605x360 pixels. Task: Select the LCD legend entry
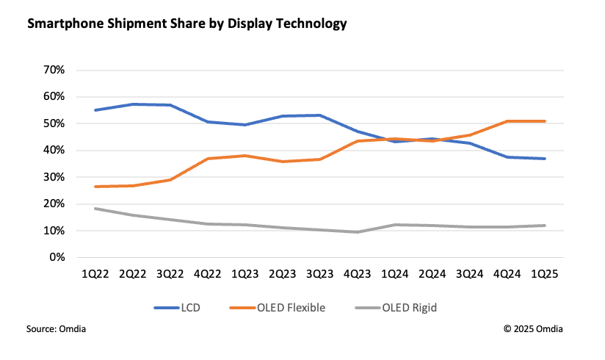point(184,308)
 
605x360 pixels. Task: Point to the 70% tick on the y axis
point(55,70)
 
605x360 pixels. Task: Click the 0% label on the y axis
point(58,258)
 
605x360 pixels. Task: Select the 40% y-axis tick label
point(55,151)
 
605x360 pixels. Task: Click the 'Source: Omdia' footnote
point(56,328)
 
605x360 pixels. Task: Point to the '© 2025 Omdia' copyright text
point(534,328)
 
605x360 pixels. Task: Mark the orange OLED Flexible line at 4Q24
point(507,121)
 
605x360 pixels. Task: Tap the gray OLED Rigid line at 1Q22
point(95,209)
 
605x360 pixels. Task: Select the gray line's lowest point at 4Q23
point(358,232)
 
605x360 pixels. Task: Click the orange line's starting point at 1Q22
point(95,187)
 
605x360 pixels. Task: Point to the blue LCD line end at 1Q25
point(544,159)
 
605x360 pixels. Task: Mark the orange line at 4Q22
point(208,159)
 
